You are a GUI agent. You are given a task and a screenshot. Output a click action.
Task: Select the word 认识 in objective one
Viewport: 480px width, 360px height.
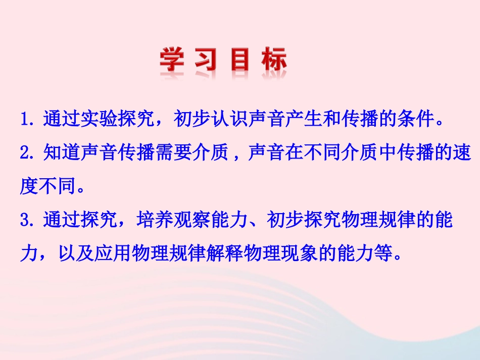[230, 120]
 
